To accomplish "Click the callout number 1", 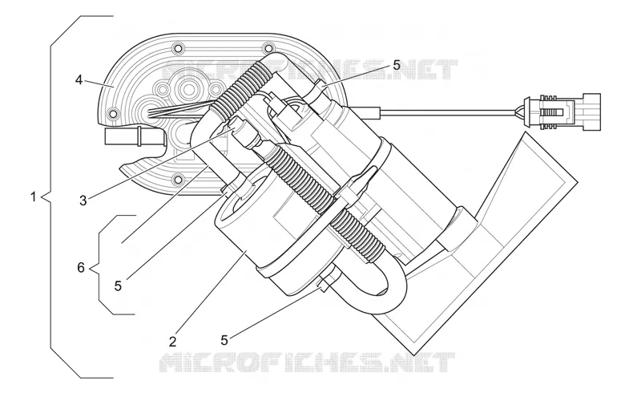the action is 34,197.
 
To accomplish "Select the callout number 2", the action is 173,341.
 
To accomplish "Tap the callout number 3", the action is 83,201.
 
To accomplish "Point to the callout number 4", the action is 79,80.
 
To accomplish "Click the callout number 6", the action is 81,268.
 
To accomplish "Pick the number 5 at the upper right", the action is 397,65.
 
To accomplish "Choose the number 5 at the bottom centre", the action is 224,340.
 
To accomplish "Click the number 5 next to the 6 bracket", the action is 118,286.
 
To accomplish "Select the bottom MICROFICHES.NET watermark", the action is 307,363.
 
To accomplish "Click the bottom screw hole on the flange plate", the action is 178,179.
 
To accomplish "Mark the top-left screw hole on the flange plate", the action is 178,47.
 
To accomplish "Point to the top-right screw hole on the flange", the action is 268,47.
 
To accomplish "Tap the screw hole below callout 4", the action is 113,112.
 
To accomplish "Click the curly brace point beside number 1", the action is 44,198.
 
